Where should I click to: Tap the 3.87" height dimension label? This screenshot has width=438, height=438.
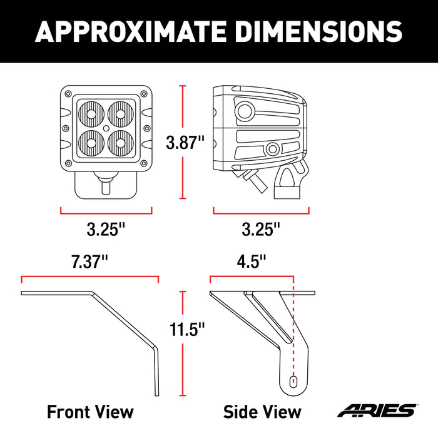tap(185, 143)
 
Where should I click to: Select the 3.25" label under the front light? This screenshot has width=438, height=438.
tap(106, 230)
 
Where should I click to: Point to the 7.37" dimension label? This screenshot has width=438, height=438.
tap(89, 262)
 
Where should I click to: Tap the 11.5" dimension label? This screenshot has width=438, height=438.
tap(185, 329)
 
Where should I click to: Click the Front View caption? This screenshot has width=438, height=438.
tap(90, 411)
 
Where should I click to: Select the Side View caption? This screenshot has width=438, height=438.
tap(262, 411)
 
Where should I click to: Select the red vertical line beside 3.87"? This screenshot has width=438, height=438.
tap(183, 143)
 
